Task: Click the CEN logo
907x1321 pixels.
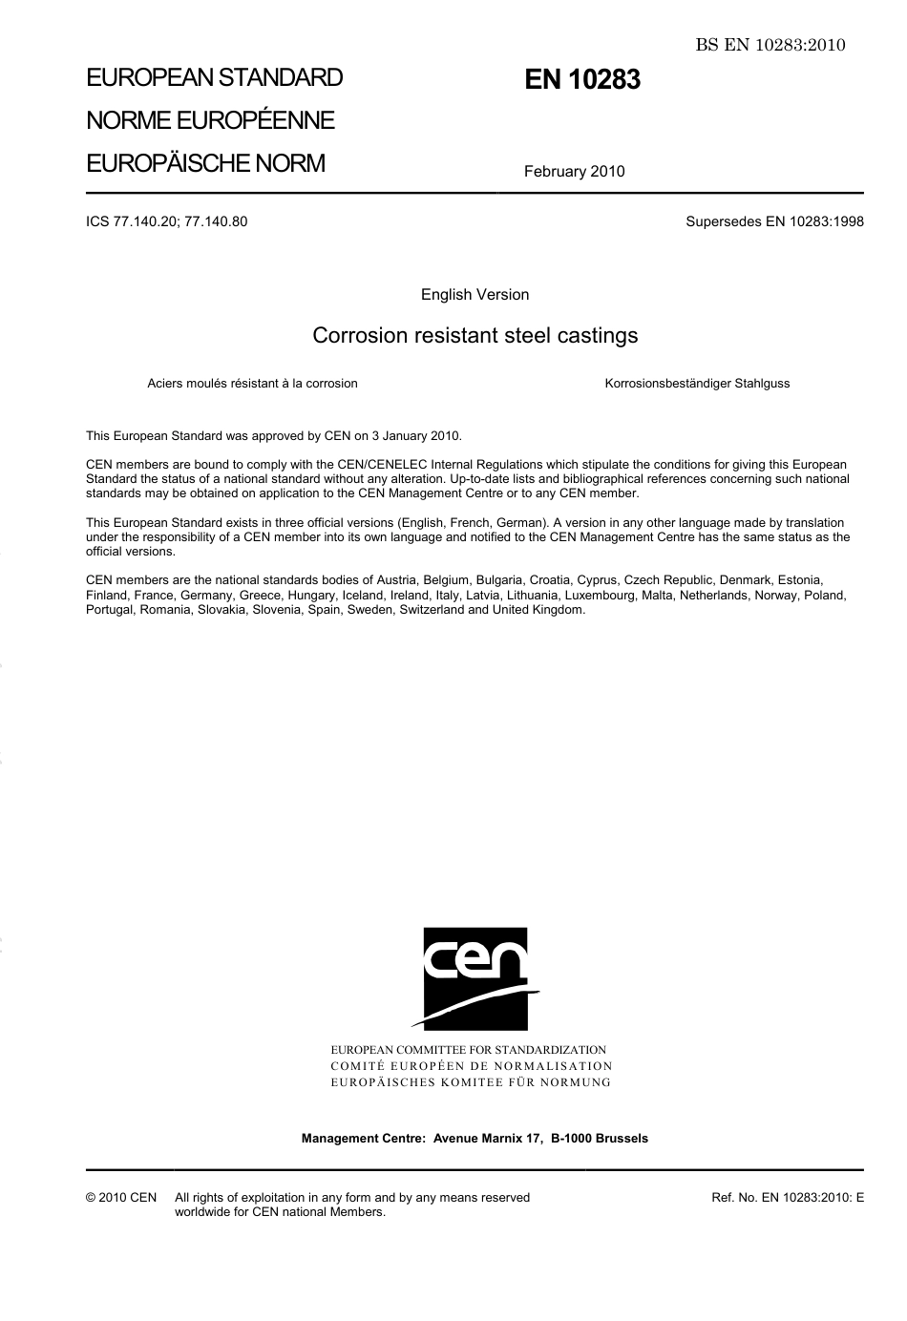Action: pos(475,977)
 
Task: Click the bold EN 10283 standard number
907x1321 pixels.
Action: pos(581,80)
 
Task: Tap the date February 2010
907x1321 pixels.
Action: pos(574,172)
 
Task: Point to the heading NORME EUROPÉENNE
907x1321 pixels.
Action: pos(210,120)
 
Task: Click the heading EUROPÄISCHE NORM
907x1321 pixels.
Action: pos(205,163)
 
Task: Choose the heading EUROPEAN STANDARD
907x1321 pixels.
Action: pos(214,77)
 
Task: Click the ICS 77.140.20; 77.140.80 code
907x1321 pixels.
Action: pos(166,221)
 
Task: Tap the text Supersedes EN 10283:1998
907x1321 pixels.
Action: pos(774,221)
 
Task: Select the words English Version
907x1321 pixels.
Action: pos(475,295)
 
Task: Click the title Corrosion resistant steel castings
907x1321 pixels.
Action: pos(475,336)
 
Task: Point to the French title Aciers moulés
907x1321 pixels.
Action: pos(252,384)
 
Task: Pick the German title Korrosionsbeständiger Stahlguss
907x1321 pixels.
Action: pos(697,384)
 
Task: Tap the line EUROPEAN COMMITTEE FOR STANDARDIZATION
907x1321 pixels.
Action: pos(468,1050)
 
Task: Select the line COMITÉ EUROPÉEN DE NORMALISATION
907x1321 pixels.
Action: pos(472,1066)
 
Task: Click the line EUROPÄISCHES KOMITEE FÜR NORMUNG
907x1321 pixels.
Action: pos(471,1082)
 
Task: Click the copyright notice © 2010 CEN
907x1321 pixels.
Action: pos(121,1198)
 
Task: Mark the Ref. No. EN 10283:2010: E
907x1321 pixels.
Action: pos(788,1198)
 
